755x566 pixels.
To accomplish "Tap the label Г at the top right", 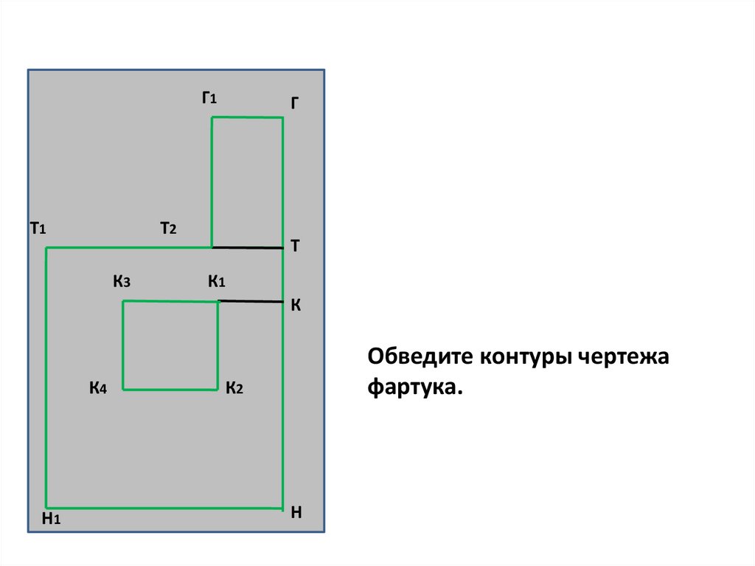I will (294, 104).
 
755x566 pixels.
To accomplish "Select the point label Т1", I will (38, 229).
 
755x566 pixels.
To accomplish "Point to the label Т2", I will (168, 229).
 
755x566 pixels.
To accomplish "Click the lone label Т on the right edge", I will (294, 246).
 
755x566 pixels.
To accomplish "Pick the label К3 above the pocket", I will (122, 281).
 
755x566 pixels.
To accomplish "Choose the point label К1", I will (216, 281).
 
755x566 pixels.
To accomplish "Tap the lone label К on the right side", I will (294, 305).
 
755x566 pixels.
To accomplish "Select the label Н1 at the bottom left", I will (50, 520).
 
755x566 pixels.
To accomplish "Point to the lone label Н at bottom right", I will (296, 512).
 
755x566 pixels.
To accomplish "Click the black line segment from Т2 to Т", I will (247, 247).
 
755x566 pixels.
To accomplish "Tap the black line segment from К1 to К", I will (251, 301).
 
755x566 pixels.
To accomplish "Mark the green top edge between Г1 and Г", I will (247, 117).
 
